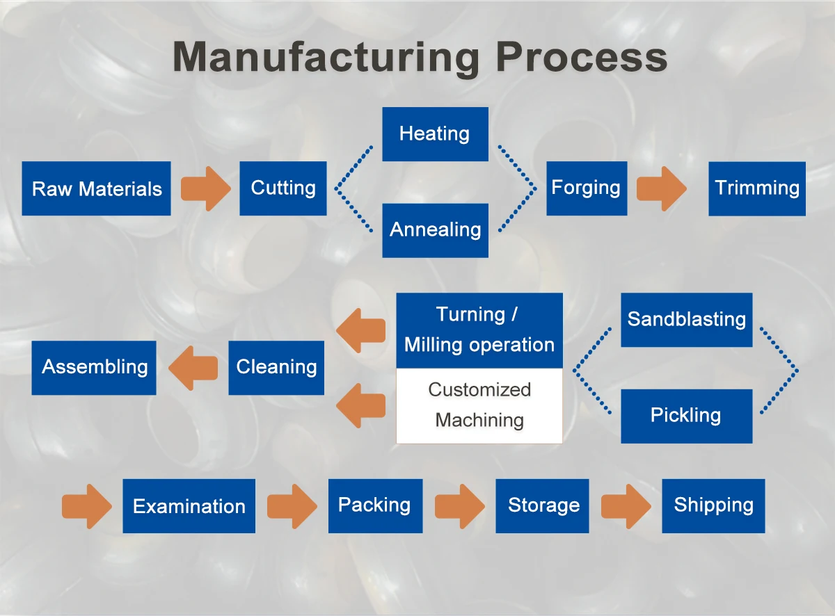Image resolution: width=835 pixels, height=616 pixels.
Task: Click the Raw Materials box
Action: click(x=97, y=188)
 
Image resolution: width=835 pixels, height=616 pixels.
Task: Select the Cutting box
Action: click(x=283, y=188)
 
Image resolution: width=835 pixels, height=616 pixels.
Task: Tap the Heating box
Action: click(x=435, y=134)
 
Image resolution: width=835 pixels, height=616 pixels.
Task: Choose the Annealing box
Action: click(x=435, y=231)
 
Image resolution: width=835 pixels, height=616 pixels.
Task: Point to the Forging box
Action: click(x=587, y=188)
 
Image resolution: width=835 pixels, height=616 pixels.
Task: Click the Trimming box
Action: click(x=757, y=189)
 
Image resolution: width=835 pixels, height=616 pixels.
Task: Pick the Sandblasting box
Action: click(x=687, y=320)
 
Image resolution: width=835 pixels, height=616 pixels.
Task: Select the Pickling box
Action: click(x=687, y=416)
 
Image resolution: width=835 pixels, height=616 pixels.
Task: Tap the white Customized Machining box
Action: click(x=479, y=406)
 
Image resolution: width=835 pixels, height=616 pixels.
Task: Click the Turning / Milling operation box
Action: click(x=479, y=330)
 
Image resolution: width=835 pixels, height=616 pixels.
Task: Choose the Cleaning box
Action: click(x=276, y=368)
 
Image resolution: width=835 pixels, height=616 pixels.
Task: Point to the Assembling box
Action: click(x=94, y=368)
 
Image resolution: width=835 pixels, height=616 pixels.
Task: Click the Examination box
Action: click(x=189, y=506)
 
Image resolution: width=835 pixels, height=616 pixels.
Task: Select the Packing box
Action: click(x=375, y=506)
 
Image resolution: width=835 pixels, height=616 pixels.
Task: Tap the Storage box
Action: click(x=542, y=506)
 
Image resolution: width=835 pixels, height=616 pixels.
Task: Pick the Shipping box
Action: click(x=713, y=506)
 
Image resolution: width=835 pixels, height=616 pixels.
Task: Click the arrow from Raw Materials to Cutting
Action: click(x=206, y=189)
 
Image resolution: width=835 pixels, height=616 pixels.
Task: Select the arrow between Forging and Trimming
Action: click(x=662, y=189)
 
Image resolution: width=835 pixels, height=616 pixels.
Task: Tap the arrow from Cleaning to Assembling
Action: click(x=193, y=368)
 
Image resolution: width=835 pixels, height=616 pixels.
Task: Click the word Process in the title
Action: click(x=582, y=58)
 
